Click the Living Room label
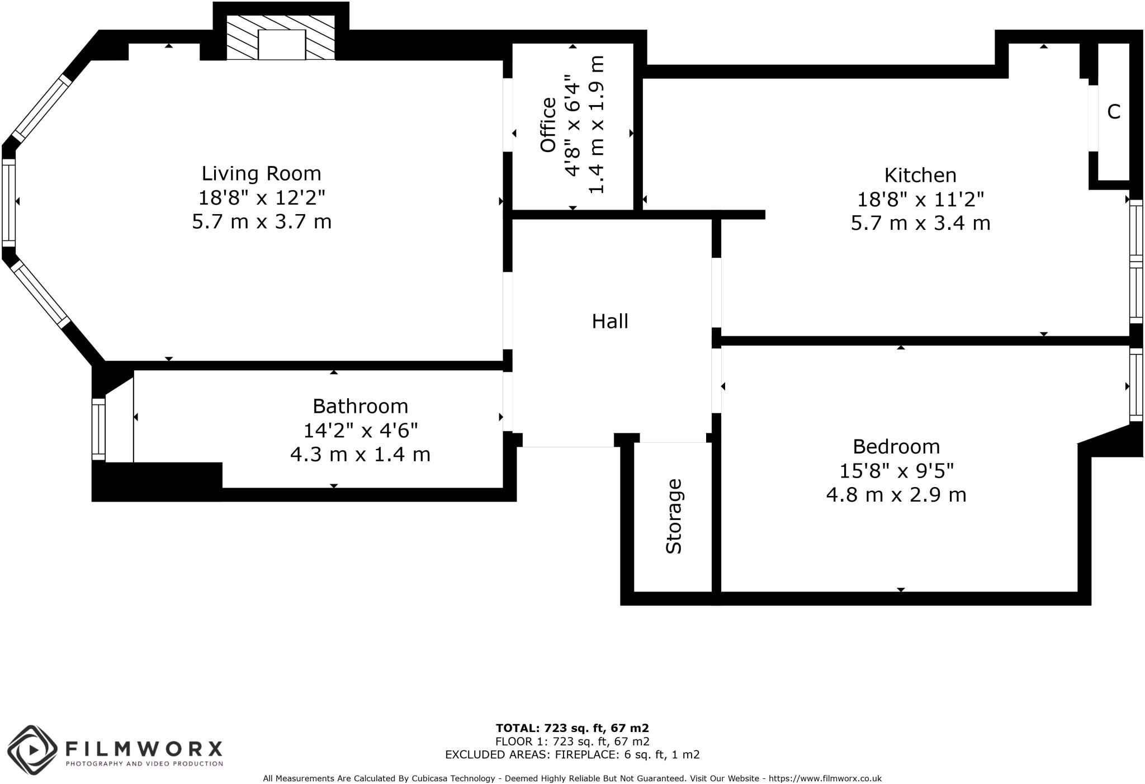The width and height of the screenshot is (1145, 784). [x=261, y=173]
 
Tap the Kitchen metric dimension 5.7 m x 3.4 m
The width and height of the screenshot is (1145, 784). [x=920, y=223]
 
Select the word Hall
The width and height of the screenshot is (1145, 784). [x=610, y=321]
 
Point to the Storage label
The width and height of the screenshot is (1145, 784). [x=674, y=516]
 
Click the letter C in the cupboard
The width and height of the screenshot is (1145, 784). [x=1114, y=112]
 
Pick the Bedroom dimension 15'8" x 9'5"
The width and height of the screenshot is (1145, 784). [x=896, y=471]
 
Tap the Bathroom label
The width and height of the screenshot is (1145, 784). [x=360, y=405]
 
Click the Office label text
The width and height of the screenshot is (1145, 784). [x=548, y=125]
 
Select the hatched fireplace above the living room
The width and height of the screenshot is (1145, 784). [x=281, y=37]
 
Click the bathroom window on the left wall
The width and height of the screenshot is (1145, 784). [x=98, y=429]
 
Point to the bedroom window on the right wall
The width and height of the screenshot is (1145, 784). [x=1135, y=385]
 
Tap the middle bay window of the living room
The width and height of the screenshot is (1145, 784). [x=8, y=202]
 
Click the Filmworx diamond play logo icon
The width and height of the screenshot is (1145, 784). [x=32, y=749]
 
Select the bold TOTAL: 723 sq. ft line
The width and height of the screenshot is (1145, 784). [x=572, y=728]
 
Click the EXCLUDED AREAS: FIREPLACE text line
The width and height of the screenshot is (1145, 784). [x=572, y=754]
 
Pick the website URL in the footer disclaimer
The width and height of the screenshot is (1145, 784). [x=825, y=778]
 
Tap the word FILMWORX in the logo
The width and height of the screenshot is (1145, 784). [x=144, y=748]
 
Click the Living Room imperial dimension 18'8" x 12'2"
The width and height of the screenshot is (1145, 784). [x=261, y=197]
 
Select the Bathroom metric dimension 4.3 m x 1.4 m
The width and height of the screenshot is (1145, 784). [x=360, y=454]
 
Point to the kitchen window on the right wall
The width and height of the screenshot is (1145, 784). [x=1135, y=261]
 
